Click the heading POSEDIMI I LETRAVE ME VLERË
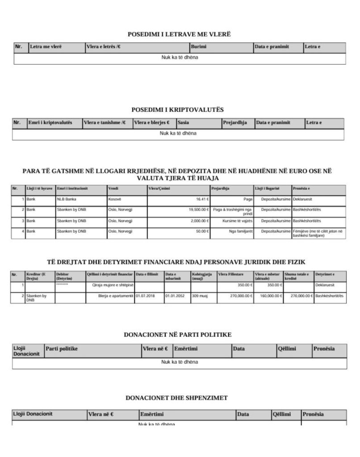pos(179,34)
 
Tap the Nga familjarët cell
pos(241,231)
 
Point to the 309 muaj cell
pos(200,295)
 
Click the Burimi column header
pos(198,46)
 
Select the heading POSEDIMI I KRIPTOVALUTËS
pos(178,109)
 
